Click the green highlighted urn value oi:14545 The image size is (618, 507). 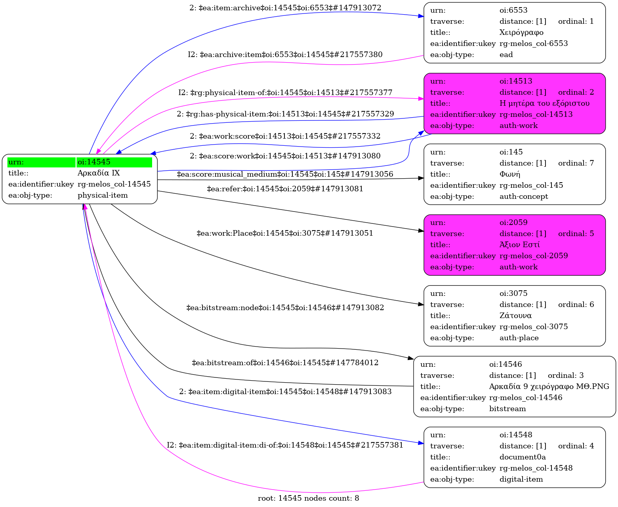[94, 162]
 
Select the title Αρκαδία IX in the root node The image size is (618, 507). [99, 173]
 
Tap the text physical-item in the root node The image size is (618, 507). [103, 195]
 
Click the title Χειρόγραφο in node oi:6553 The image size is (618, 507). [521, 32]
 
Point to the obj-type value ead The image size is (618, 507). [506, 55]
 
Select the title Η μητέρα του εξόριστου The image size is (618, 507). [544, 103]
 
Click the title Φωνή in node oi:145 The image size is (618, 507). [510, 174]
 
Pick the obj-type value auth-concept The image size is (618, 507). [524, 196]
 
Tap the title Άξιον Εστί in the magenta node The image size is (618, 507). [519, 245]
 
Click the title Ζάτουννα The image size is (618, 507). [515, 316]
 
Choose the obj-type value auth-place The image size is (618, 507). [519, 338]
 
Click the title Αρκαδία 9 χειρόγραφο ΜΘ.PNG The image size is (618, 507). [549, 387]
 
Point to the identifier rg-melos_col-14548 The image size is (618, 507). [536, 468]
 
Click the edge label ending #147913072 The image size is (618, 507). [285, 8]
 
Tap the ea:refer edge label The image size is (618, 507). [285, 189]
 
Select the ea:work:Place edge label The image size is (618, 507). [285, 233]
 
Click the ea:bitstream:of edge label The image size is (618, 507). [285, 363]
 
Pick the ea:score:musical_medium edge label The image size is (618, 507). [285, 174]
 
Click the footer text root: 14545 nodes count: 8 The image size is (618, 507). [308, 498]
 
